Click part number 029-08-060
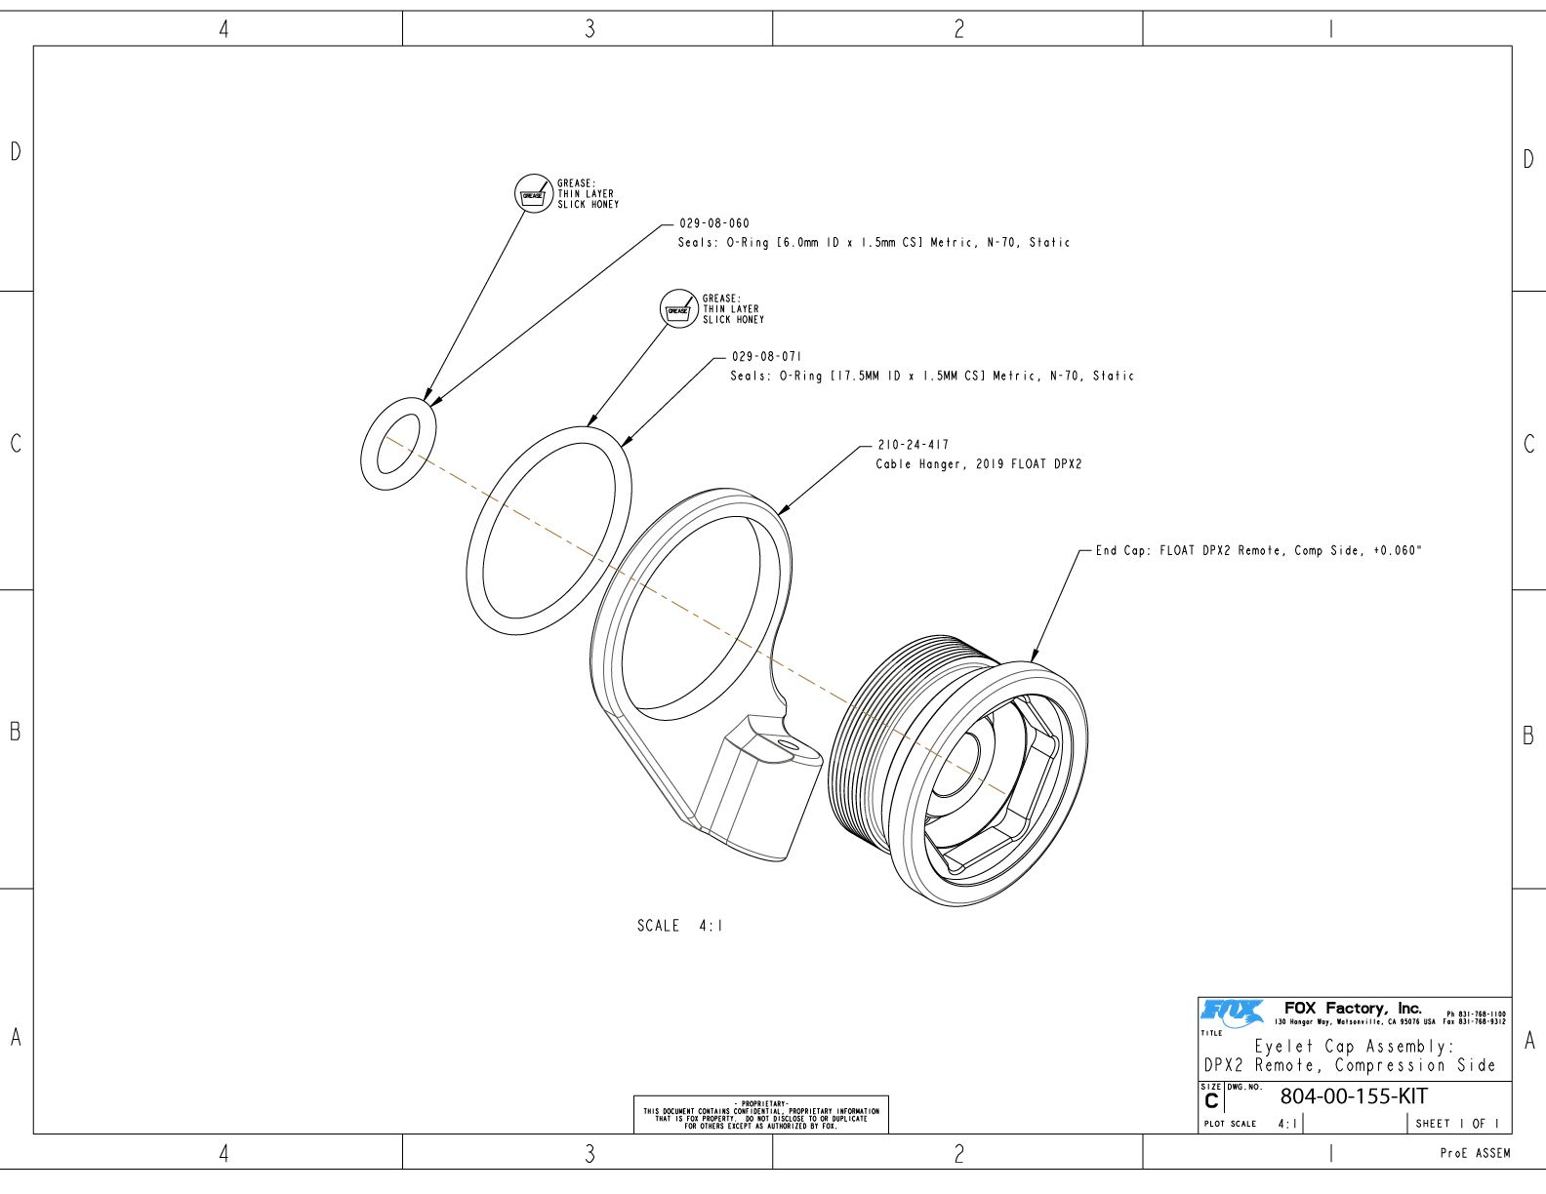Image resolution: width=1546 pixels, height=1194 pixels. [x=713, y=223]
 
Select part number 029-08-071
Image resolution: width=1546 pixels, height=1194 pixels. [x=766, y=357]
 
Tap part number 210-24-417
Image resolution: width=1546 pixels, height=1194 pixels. [x=913, y=445]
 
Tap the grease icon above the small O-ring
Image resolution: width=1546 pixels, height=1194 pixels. [x=533, y=194]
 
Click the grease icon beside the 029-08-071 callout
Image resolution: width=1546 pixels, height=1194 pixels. [x=678, y=309]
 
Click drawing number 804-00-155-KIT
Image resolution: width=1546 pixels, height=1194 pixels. [x=1354, y=1095]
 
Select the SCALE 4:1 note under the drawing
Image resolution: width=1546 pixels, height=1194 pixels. [x=680, y=926]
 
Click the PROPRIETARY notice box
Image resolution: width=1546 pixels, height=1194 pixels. [x=760, y=1114]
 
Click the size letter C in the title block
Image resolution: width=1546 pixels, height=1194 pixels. [x=1211, y=1101]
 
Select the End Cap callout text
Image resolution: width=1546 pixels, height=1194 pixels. [x=1259, y=551]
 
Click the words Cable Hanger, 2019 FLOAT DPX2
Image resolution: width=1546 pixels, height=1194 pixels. [x=978, y=464]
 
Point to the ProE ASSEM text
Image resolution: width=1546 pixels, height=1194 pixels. [x=1474, y=1153]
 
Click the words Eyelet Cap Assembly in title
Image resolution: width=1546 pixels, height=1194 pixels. [x=1354, y=1046]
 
